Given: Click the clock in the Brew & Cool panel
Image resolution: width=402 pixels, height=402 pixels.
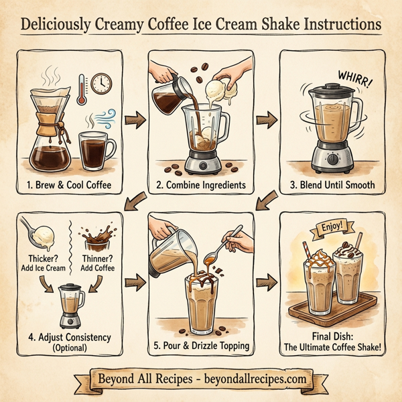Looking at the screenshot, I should click(x=102, y=83).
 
